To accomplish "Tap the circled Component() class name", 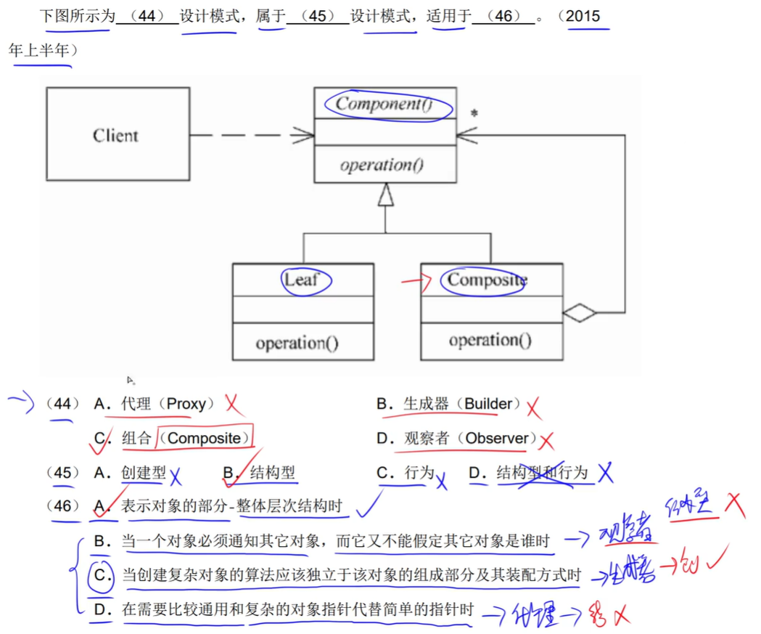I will tap(384, 104).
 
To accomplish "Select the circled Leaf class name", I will tap(303, 280).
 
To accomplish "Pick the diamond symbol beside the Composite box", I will tap(580, 313).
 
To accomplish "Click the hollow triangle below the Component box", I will tap(385, 194).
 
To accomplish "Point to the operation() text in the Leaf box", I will tap(297, 342).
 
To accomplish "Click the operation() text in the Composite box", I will tap(490, 340).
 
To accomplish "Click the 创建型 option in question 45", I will tap(144, 473).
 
